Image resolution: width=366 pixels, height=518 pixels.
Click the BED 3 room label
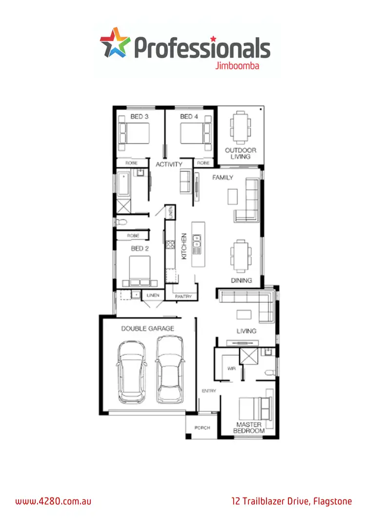pos(140,117)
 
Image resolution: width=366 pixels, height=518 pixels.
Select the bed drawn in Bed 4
pos(195,133)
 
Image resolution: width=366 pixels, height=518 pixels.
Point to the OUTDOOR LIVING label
pos(241,153)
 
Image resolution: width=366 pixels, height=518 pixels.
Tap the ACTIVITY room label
pos(169,165)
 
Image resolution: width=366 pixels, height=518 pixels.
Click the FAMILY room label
pos(223,178)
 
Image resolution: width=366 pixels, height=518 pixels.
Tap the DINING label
pos(242,281)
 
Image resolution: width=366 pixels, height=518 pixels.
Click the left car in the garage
pos(131,372)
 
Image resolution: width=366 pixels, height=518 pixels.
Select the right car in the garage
pos(170,370)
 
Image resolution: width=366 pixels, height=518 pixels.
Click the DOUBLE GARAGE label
pos(147,329)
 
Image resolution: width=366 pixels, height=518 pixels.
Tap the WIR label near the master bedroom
pos(231,369)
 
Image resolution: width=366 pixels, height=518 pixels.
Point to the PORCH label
pos(202,428)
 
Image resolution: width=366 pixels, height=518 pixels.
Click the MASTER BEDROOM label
pos(249,428)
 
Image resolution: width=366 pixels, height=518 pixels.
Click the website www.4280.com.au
pos(54,501)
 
